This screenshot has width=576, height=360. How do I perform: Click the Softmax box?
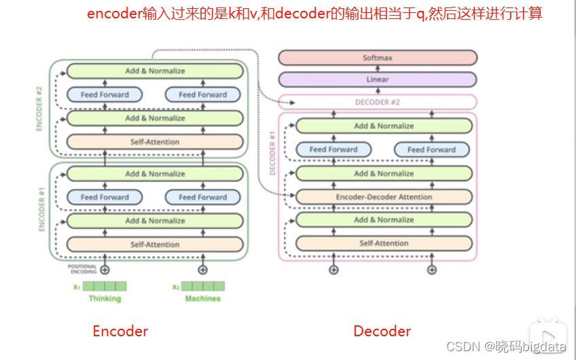(377, 58)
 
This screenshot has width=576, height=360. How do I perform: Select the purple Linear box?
(377, 79)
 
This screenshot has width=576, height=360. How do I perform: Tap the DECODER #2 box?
(377, 103)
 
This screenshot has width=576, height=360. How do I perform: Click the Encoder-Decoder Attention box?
(384, 197)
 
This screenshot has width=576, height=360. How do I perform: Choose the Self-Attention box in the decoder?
(384, 243)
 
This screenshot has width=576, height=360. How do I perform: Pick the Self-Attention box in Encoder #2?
(155, 142)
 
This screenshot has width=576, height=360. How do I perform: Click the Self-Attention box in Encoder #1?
(155, 245)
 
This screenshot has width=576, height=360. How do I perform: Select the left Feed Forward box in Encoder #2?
(105, 95)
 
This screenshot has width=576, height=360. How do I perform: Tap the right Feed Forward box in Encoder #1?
(202, 197)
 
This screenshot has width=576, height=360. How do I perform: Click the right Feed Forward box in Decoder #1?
(431, 149)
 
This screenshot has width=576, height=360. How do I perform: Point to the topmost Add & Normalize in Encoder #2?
(155, 71)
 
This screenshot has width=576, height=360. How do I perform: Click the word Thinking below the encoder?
(105, 298)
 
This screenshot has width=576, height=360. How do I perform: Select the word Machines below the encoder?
(202, 298)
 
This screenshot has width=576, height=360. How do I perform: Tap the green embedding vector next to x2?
(202, 286)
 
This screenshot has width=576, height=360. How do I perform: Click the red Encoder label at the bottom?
(120, 331)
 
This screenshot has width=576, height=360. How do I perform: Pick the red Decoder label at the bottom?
(382, 331)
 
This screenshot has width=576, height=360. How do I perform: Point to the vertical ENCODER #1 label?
(41, 210)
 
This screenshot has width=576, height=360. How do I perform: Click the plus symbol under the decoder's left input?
(334, 270)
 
